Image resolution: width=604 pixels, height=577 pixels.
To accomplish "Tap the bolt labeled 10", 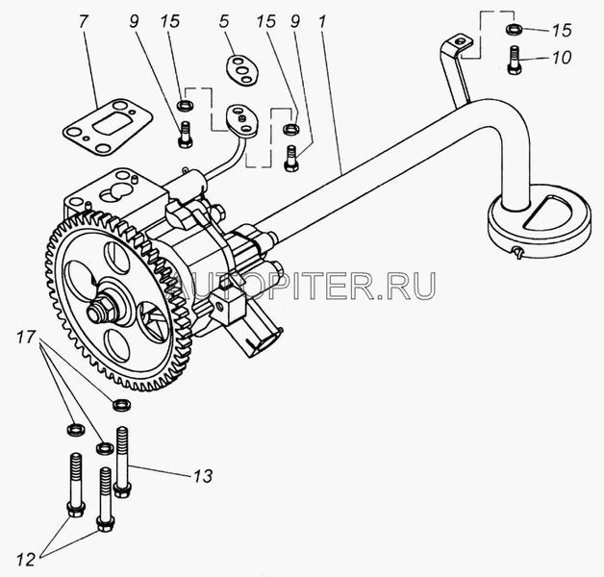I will [x=514, y=60].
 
